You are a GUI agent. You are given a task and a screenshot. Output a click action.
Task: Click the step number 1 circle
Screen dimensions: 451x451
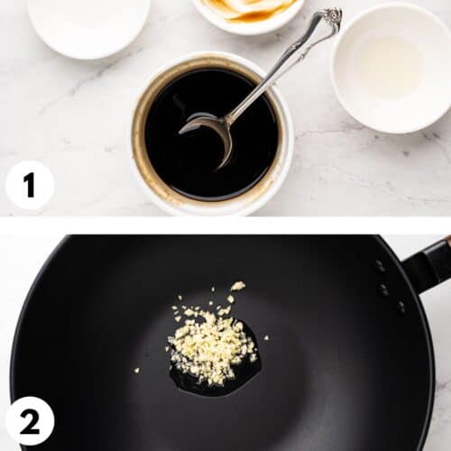pos(29,185)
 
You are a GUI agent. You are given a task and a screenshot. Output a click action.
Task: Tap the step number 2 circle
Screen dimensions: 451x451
pos(29,420)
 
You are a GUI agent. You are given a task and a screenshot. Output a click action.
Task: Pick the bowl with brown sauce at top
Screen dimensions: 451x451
pos(248,11)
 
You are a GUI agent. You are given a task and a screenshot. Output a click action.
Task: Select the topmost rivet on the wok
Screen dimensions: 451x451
pos(380,266)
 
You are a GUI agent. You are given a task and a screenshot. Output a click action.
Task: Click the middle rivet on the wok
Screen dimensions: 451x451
pos(385,290)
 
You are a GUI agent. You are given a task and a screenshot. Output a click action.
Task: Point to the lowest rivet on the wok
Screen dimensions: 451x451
pos(400,307)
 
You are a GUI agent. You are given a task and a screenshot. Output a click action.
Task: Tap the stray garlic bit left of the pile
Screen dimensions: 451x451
pos(137,370)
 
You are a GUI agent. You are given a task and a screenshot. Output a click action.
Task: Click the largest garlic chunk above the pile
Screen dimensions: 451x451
pos(237,286)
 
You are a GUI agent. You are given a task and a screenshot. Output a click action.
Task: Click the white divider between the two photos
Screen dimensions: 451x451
pos(225,225)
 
